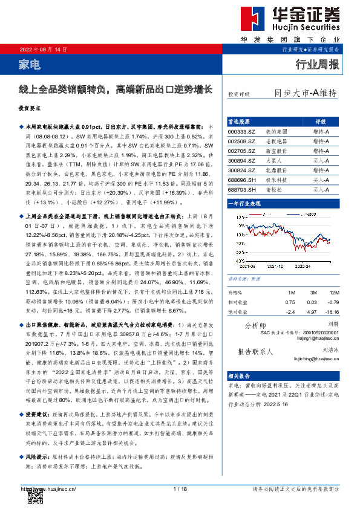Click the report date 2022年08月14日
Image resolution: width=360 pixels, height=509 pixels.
pyautogui.click(x=44, y=49)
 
